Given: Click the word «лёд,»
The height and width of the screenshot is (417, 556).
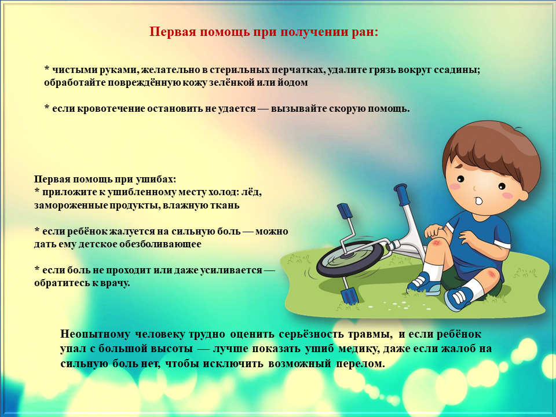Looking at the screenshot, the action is [251, 192].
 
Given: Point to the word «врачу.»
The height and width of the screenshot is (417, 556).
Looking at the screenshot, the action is [115, 283].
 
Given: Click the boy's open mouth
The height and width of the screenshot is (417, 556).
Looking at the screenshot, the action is [478, 201].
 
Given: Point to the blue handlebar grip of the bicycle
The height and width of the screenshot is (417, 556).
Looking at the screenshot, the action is [403, 194].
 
